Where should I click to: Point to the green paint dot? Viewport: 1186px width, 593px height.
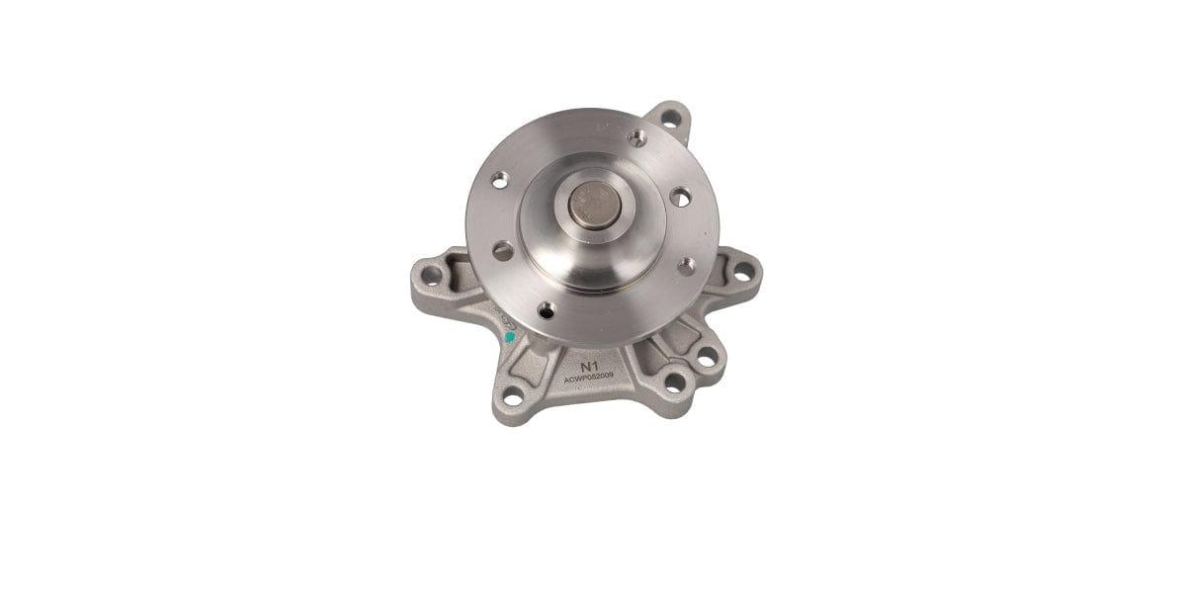pos(509,337)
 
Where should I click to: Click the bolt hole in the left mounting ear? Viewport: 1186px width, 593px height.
pos(428,267)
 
